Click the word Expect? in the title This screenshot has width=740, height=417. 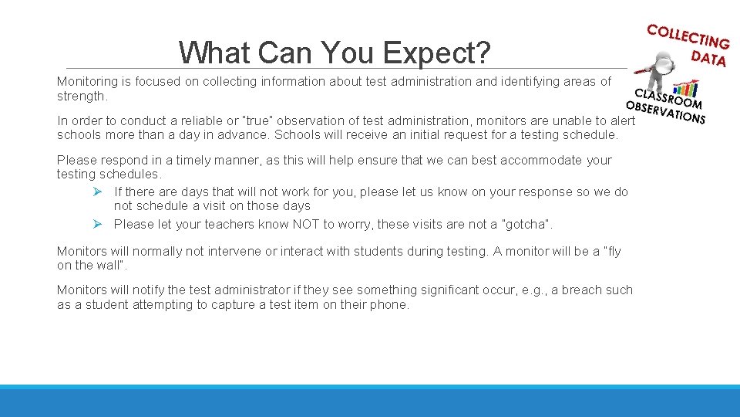(x=436, y=53)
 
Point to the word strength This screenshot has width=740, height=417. (x=82, y=97)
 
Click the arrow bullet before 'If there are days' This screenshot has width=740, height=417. (x=97, y=192)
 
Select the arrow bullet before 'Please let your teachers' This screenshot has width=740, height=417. (x=97, y=224)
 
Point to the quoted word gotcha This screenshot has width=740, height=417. (x=526, y=224)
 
